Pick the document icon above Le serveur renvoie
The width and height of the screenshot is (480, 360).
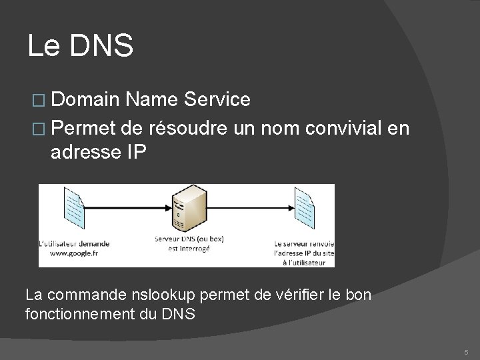[x=303, y=207]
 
